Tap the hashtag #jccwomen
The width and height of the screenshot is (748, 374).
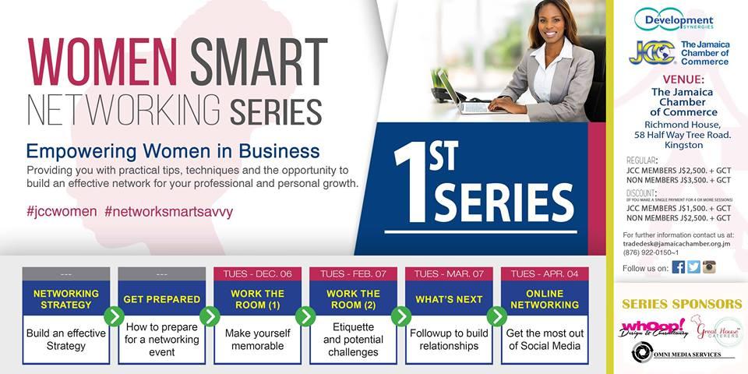point(62,212)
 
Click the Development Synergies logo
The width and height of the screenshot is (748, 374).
point(674,19)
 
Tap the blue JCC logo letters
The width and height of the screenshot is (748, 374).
point(653,53)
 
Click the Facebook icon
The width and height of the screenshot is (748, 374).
point(678,267)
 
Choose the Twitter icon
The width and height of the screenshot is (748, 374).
point(693,267)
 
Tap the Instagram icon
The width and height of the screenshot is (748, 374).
point(709,267)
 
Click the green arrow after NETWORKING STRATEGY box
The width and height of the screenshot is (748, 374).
point(115,316)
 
